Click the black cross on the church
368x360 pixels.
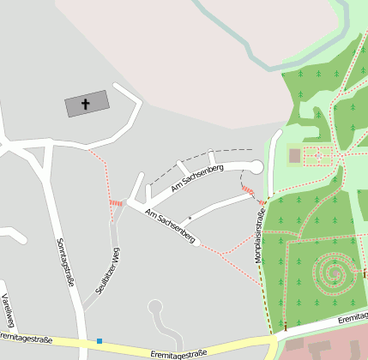point(86,105)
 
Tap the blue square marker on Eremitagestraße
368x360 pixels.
point(100,341)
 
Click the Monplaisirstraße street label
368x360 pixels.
point(256,233)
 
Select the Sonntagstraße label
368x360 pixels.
point(63,261)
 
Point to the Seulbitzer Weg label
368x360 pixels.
point(101,273)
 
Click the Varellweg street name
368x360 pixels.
point(8,311)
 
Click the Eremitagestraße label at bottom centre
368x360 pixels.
point(178,352)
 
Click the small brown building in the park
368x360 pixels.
point(295,156)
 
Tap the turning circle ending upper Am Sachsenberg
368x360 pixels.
point(256,166)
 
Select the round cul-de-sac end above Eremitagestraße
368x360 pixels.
point(155,306)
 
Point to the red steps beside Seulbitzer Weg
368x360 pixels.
point(116,203)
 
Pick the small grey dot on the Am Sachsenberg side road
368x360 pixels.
point(190,218)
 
